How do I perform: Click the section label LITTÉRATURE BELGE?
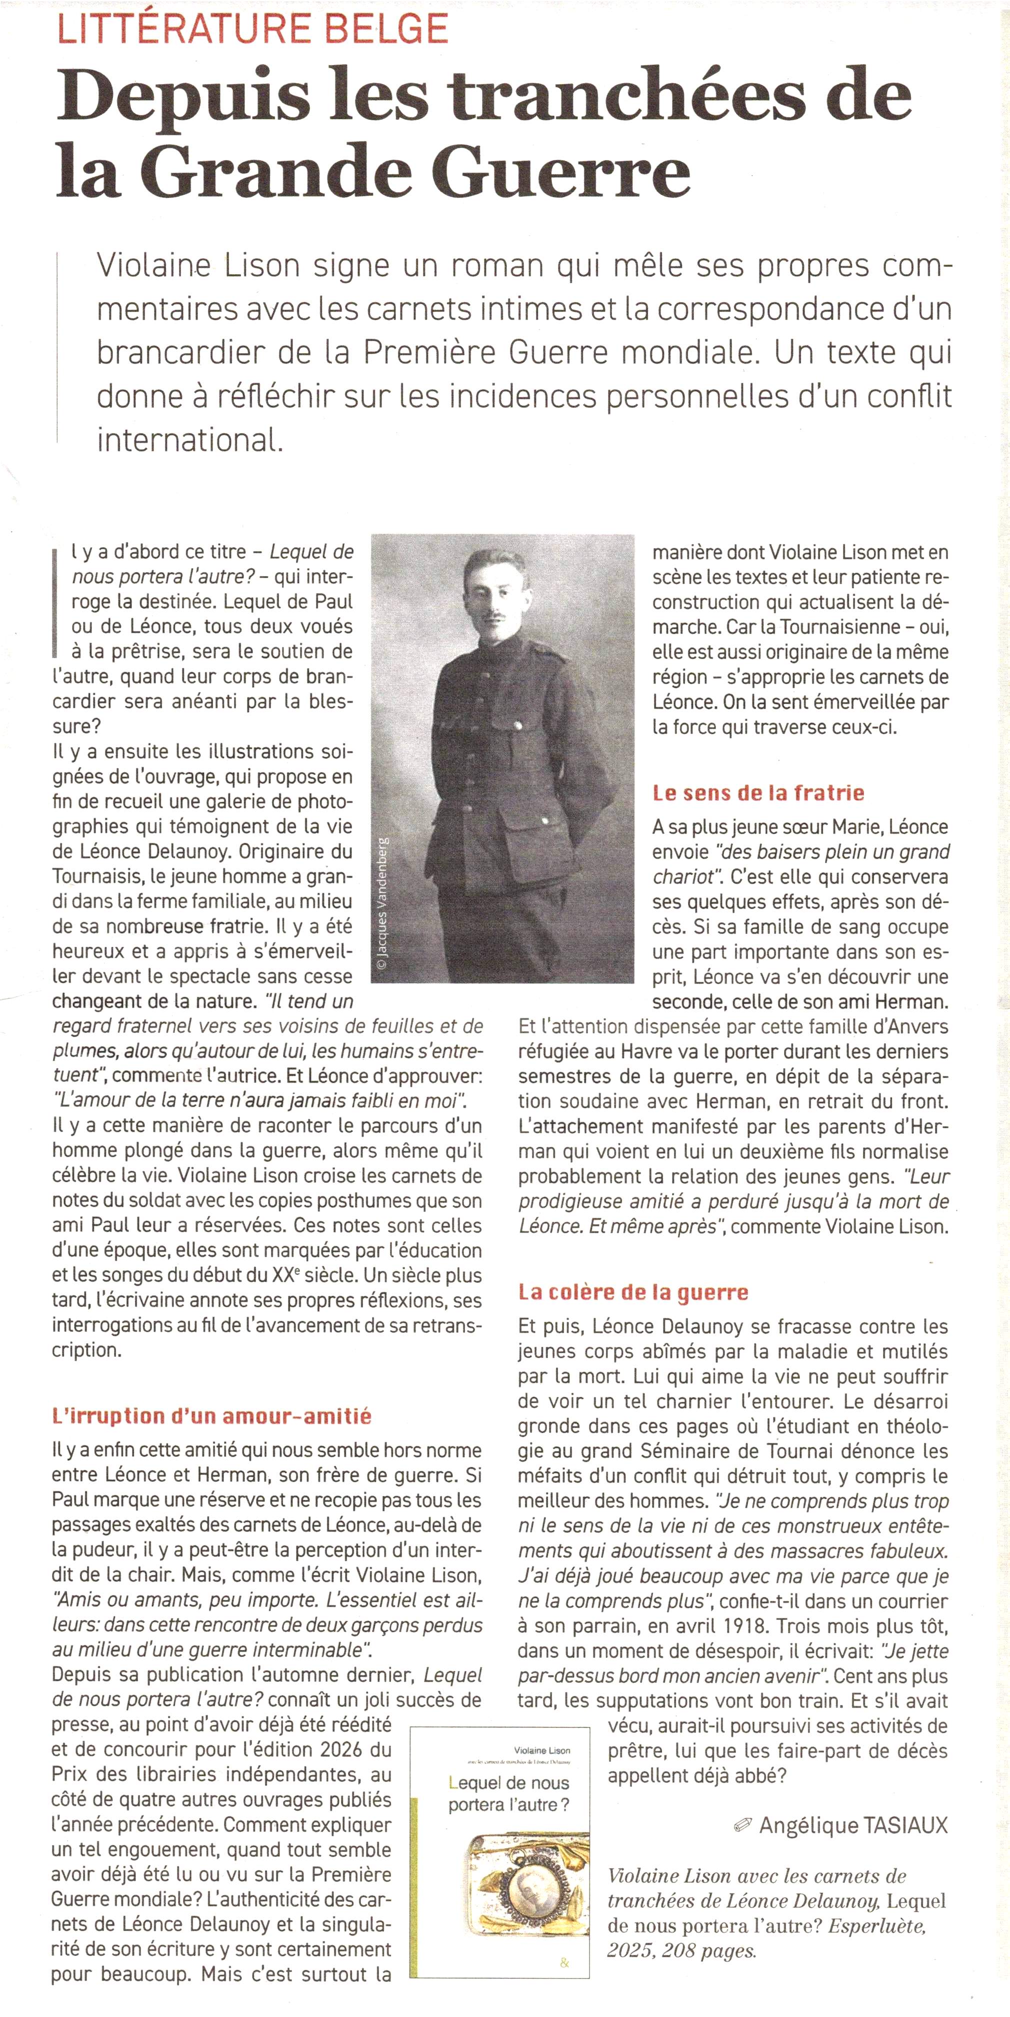253,29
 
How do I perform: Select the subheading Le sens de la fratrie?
758,793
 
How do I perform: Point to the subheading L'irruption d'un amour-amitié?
211,1416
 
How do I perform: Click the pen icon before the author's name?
742,1827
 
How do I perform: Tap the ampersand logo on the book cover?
565,1962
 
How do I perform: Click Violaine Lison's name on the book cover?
542,1750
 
